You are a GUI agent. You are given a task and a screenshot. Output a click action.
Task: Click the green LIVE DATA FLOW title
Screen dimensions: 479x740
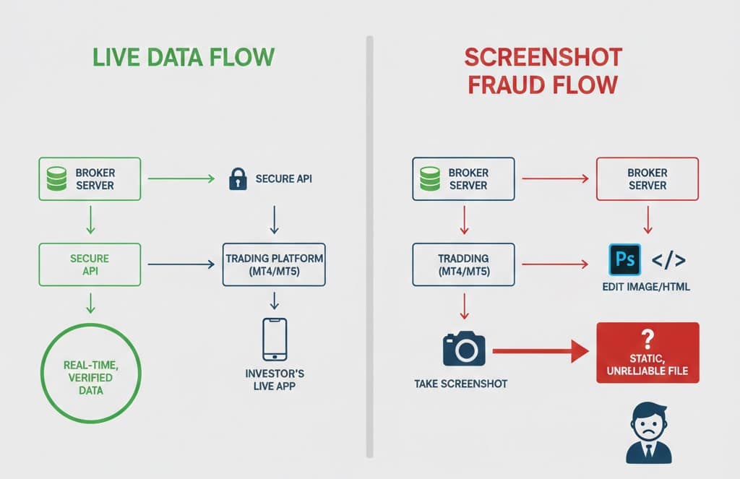(184, 58)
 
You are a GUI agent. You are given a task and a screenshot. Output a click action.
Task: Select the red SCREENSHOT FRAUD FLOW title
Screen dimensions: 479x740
(542, 71)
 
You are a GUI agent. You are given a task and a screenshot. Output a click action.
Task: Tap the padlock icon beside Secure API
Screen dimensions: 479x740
(237, 178)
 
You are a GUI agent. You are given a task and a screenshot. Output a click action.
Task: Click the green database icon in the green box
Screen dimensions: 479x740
(57, 178)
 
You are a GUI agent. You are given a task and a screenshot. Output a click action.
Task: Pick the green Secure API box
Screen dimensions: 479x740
(90, 264)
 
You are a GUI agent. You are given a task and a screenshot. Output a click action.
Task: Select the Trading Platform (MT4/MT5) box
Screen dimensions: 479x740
(274, 264)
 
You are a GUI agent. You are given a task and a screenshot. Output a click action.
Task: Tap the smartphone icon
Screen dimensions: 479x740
(274, 339)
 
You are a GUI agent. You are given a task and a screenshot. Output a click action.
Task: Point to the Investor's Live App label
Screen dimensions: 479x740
(274, 380)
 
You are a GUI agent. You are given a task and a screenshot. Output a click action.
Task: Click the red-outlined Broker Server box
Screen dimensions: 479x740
(647, 178)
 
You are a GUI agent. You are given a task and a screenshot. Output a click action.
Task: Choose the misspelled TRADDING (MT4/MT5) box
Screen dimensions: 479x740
(463, 264)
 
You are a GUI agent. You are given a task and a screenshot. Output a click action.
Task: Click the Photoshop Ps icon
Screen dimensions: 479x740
(624, 259)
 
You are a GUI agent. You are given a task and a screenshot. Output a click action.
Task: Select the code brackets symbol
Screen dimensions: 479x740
(668, 259)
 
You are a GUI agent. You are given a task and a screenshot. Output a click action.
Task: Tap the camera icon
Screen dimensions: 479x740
(463, 348)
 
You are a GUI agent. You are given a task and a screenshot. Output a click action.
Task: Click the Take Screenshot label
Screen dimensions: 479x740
(461, 384)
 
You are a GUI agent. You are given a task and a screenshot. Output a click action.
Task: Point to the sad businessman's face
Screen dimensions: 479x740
(647, 421)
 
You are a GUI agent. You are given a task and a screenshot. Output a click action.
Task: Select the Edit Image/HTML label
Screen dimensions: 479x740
(646, 287)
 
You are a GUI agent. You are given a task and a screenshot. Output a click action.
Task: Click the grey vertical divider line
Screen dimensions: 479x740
(369, 246)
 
